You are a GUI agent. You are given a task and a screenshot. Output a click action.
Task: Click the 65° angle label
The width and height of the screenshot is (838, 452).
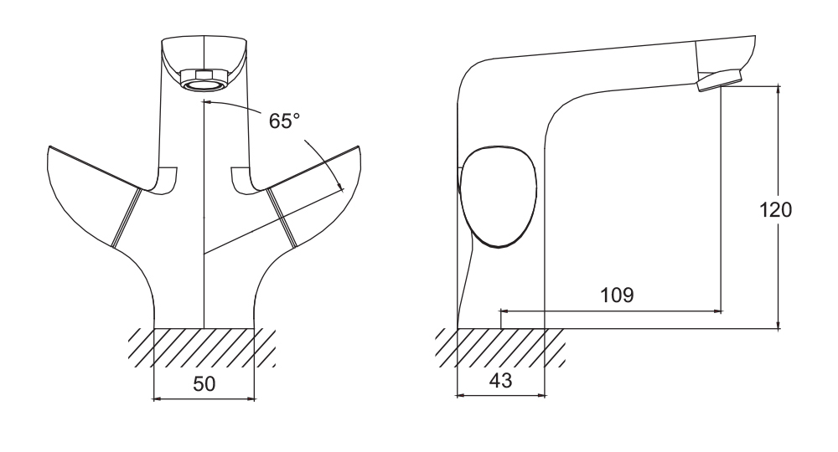[x=284, y=121]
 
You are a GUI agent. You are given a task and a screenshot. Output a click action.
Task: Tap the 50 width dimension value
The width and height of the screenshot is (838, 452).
[x=204, y=383]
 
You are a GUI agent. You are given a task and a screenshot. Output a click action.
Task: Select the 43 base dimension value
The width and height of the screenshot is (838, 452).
[x=500, y=381]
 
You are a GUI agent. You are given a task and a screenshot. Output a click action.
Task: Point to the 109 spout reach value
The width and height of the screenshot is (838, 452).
[x=617, y=295]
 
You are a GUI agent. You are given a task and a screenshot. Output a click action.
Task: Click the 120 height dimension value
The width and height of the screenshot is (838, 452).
[x=775, y=210]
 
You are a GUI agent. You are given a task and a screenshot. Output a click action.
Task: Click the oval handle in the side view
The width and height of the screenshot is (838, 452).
[x=498, y=196]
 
